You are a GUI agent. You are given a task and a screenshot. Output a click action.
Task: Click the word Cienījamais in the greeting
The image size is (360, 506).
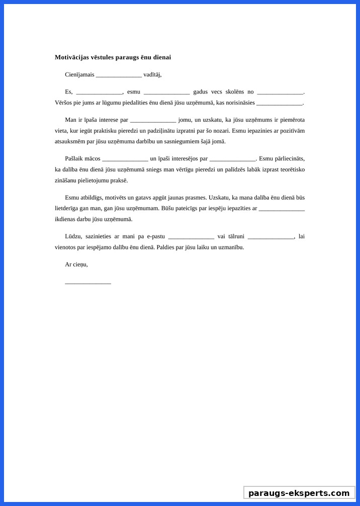[79, 74]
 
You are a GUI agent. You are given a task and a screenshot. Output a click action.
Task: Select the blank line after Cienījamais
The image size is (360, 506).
[119, 75]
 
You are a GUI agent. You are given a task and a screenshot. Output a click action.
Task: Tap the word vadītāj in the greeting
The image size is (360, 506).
[151, 74]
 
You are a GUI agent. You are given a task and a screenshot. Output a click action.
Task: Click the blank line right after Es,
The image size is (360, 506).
[99, 92]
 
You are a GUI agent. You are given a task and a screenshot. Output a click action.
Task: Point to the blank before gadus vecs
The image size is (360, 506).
[166, 92]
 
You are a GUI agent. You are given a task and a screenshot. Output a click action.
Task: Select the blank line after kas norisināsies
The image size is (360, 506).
[280, 103]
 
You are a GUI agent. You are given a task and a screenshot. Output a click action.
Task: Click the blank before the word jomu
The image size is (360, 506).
[153, 120]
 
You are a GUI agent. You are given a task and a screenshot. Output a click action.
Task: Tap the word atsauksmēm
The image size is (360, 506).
[71, 141]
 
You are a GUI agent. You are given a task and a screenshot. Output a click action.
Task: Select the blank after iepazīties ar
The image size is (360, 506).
[282, 208]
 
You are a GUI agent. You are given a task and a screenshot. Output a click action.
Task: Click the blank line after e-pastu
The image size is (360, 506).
[191, 236]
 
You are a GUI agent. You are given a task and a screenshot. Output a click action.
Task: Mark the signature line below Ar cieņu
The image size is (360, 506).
[88, 282]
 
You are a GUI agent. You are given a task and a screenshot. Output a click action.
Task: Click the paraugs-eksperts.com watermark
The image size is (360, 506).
[299, 493]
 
